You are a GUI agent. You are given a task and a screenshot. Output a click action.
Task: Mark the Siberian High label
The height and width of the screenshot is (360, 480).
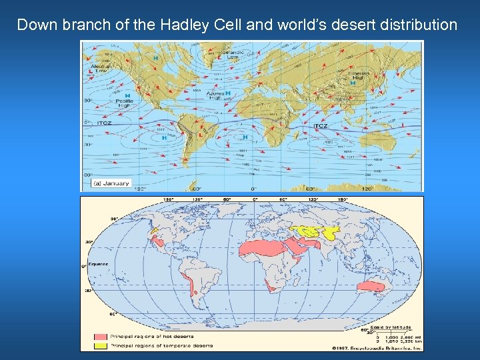[359, 75]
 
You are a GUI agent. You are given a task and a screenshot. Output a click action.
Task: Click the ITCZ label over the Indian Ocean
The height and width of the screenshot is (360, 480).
[321, 125]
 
